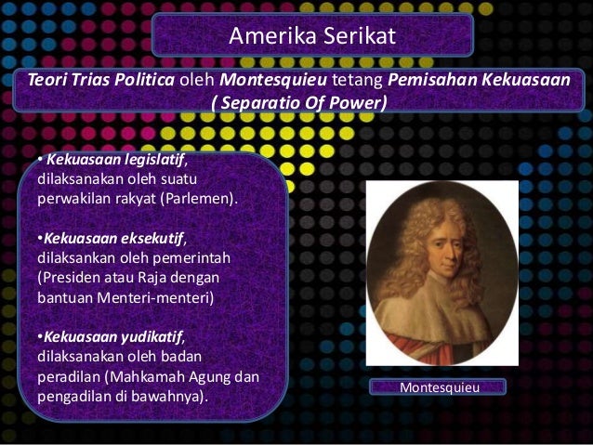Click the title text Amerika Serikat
point(312,36)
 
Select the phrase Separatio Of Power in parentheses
point(298,102)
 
